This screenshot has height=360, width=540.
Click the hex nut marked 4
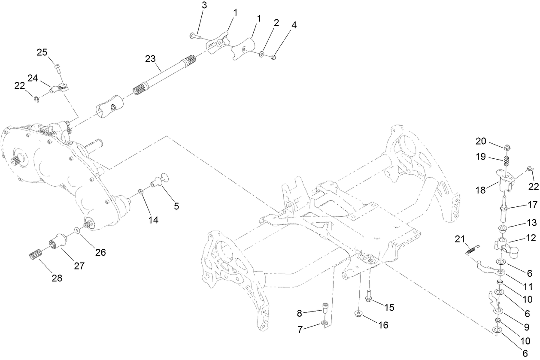click(x=273, y=57)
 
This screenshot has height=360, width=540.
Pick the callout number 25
click(x=42, y=52)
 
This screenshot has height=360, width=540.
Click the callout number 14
click(x=153, y=220)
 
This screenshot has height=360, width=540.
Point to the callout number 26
click(x=100, y=252)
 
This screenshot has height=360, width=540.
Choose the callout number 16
click(x=382, y=325)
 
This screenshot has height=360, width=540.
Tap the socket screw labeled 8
click(x=326, y=308)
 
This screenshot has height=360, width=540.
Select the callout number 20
click(x=481, y=141)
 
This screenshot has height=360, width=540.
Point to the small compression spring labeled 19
click(x=507, y=162)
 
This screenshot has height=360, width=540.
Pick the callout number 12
click(x=531, y=237)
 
